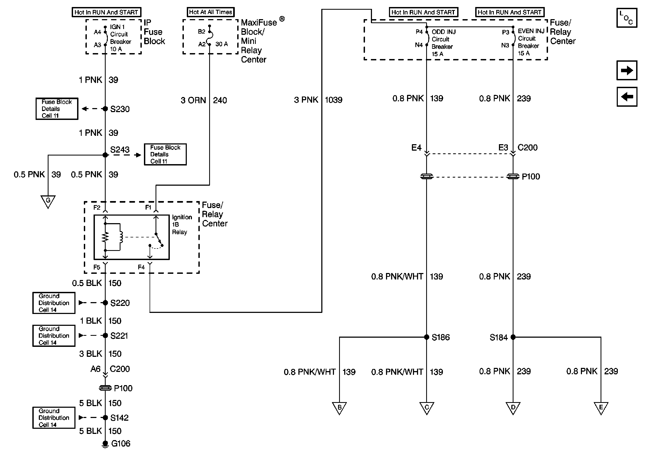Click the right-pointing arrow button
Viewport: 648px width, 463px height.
626,70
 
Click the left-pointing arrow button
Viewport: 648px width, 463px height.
626,97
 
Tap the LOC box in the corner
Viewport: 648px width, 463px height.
626,18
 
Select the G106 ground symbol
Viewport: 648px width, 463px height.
105,444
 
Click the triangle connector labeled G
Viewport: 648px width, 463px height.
48,201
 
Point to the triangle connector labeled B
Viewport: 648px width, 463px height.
339,408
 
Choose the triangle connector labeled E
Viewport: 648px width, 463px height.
601,408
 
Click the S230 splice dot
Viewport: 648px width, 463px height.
105,109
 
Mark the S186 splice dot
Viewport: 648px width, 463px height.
426,337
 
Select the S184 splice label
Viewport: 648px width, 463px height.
498,338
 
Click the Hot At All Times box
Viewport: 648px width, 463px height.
211,12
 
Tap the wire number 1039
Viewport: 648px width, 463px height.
333,100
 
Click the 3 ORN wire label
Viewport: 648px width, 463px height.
193,100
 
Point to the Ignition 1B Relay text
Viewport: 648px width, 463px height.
182,224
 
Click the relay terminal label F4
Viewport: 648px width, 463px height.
141,267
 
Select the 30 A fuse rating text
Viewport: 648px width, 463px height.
222,44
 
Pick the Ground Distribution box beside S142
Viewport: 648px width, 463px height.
54,418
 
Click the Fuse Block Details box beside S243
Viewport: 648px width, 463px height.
165,154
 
